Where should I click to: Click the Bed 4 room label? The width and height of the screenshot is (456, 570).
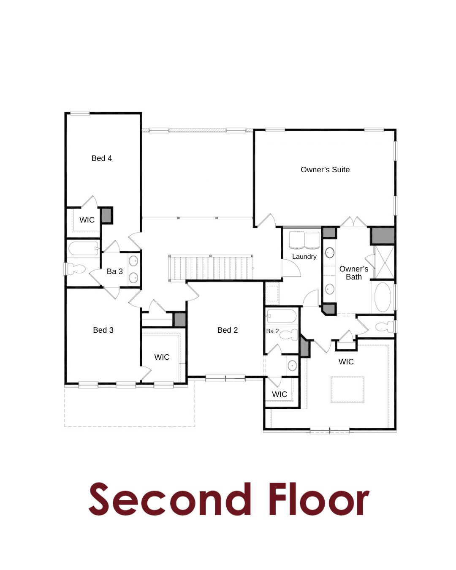101,158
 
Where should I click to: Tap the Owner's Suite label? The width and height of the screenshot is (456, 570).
325,169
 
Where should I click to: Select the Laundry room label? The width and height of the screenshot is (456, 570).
304,256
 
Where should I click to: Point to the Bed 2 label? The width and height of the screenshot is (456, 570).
227,330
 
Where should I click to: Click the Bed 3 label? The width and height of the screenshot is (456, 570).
103,330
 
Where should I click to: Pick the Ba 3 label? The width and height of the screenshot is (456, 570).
114,271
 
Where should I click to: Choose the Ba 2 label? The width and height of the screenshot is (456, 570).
272,331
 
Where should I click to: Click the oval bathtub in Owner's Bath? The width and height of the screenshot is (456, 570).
383,297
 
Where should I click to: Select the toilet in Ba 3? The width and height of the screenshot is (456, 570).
76,269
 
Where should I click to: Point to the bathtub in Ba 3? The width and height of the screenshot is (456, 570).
84,248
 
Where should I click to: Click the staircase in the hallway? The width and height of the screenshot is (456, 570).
211,268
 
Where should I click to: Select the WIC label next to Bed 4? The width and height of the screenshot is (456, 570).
87,220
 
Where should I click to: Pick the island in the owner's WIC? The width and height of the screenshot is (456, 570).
347,389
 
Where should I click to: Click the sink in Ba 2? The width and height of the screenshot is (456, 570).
292,366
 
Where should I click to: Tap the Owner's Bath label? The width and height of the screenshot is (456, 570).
353,273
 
